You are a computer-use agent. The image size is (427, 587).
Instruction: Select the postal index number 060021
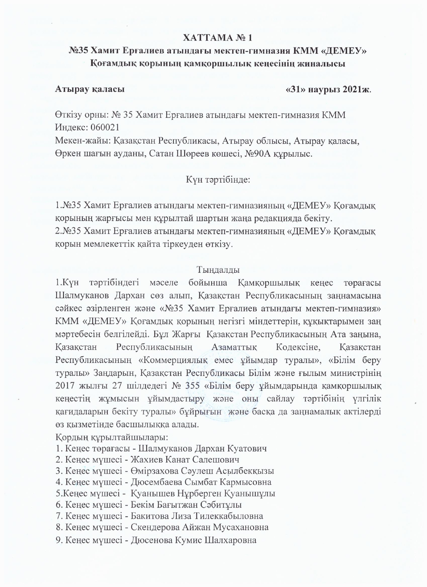tap(105, 127)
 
